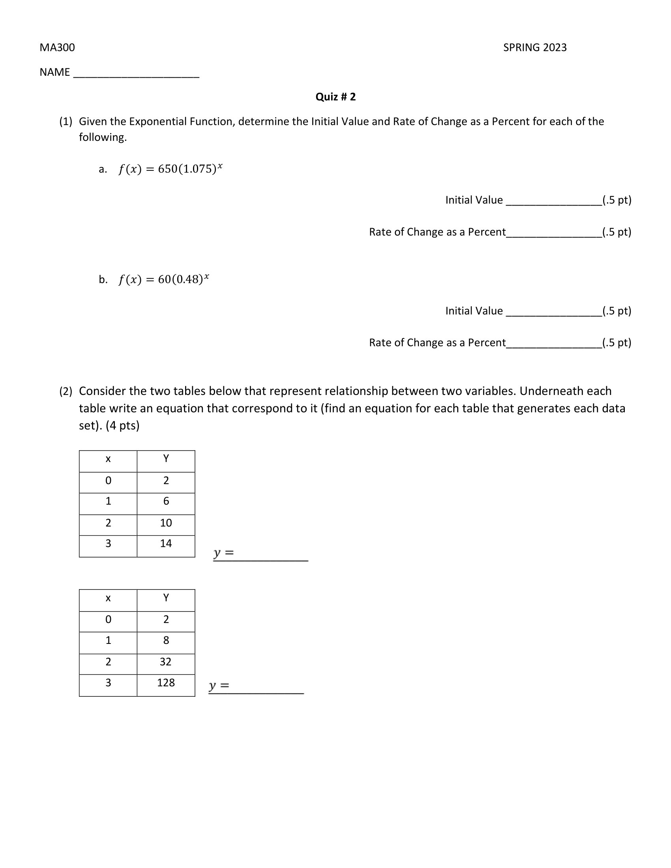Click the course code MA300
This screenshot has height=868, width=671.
tap(57, 48)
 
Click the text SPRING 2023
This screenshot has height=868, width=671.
tap(535, 48)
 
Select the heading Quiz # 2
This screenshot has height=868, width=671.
tap(335, 97)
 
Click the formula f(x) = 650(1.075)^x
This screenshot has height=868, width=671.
tap(170, 169)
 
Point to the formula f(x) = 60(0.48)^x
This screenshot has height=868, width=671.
tap(163, 279)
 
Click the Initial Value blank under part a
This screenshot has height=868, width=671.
tap(553, 201)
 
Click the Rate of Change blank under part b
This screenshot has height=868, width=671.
tap(553, 343)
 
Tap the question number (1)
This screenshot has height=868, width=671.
tap(66, 122)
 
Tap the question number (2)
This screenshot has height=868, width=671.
tap(66, 391)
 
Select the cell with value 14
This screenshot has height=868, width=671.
tap(166, 544)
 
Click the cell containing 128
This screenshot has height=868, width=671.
tap(166, 683)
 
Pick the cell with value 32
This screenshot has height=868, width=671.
tap(166, 662)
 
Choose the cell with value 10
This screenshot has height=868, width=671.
tap(166, 523)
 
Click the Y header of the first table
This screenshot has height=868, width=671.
tap(166, 459)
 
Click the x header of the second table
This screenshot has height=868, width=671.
tap(108, 598)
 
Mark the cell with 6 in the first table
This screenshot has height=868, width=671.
tap(166, 501)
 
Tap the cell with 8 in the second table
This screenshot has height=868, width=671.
tap(166, 640)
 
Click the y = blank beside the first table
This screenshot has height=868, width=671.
tap(270, 554)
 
